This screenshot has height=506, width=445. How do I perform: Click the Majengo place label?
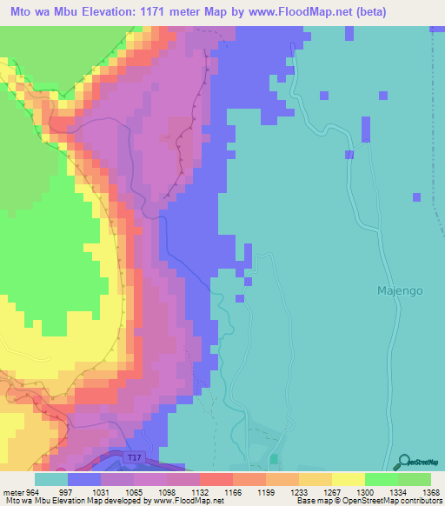(x=400, y=291)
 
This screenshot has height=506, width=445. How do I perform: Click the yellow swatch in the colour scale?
(x=348, y=479)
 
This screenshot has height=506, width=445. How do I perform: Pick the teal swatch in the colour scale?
(x=51, y=479)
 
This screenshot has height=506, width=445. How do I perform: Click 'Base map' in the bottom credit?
(x=307, y=501)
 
